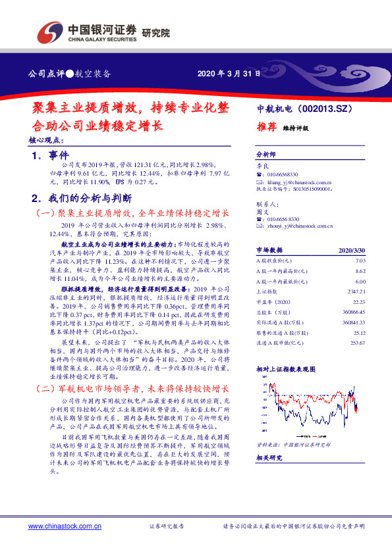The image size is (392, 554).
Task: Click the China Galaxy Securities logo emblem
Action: (51, 31)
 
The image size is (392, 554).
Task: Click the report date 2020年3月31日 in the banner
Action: (225, 73)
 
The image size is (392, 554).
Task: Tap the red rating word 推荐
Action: (266, 128)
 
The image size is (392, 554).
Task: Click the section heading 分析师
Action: (267, 156)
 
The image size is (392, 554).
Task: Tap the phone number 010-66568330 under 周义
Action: (285, 218)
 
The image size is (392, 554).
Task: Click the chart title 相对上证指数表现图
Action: (285, 369)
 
